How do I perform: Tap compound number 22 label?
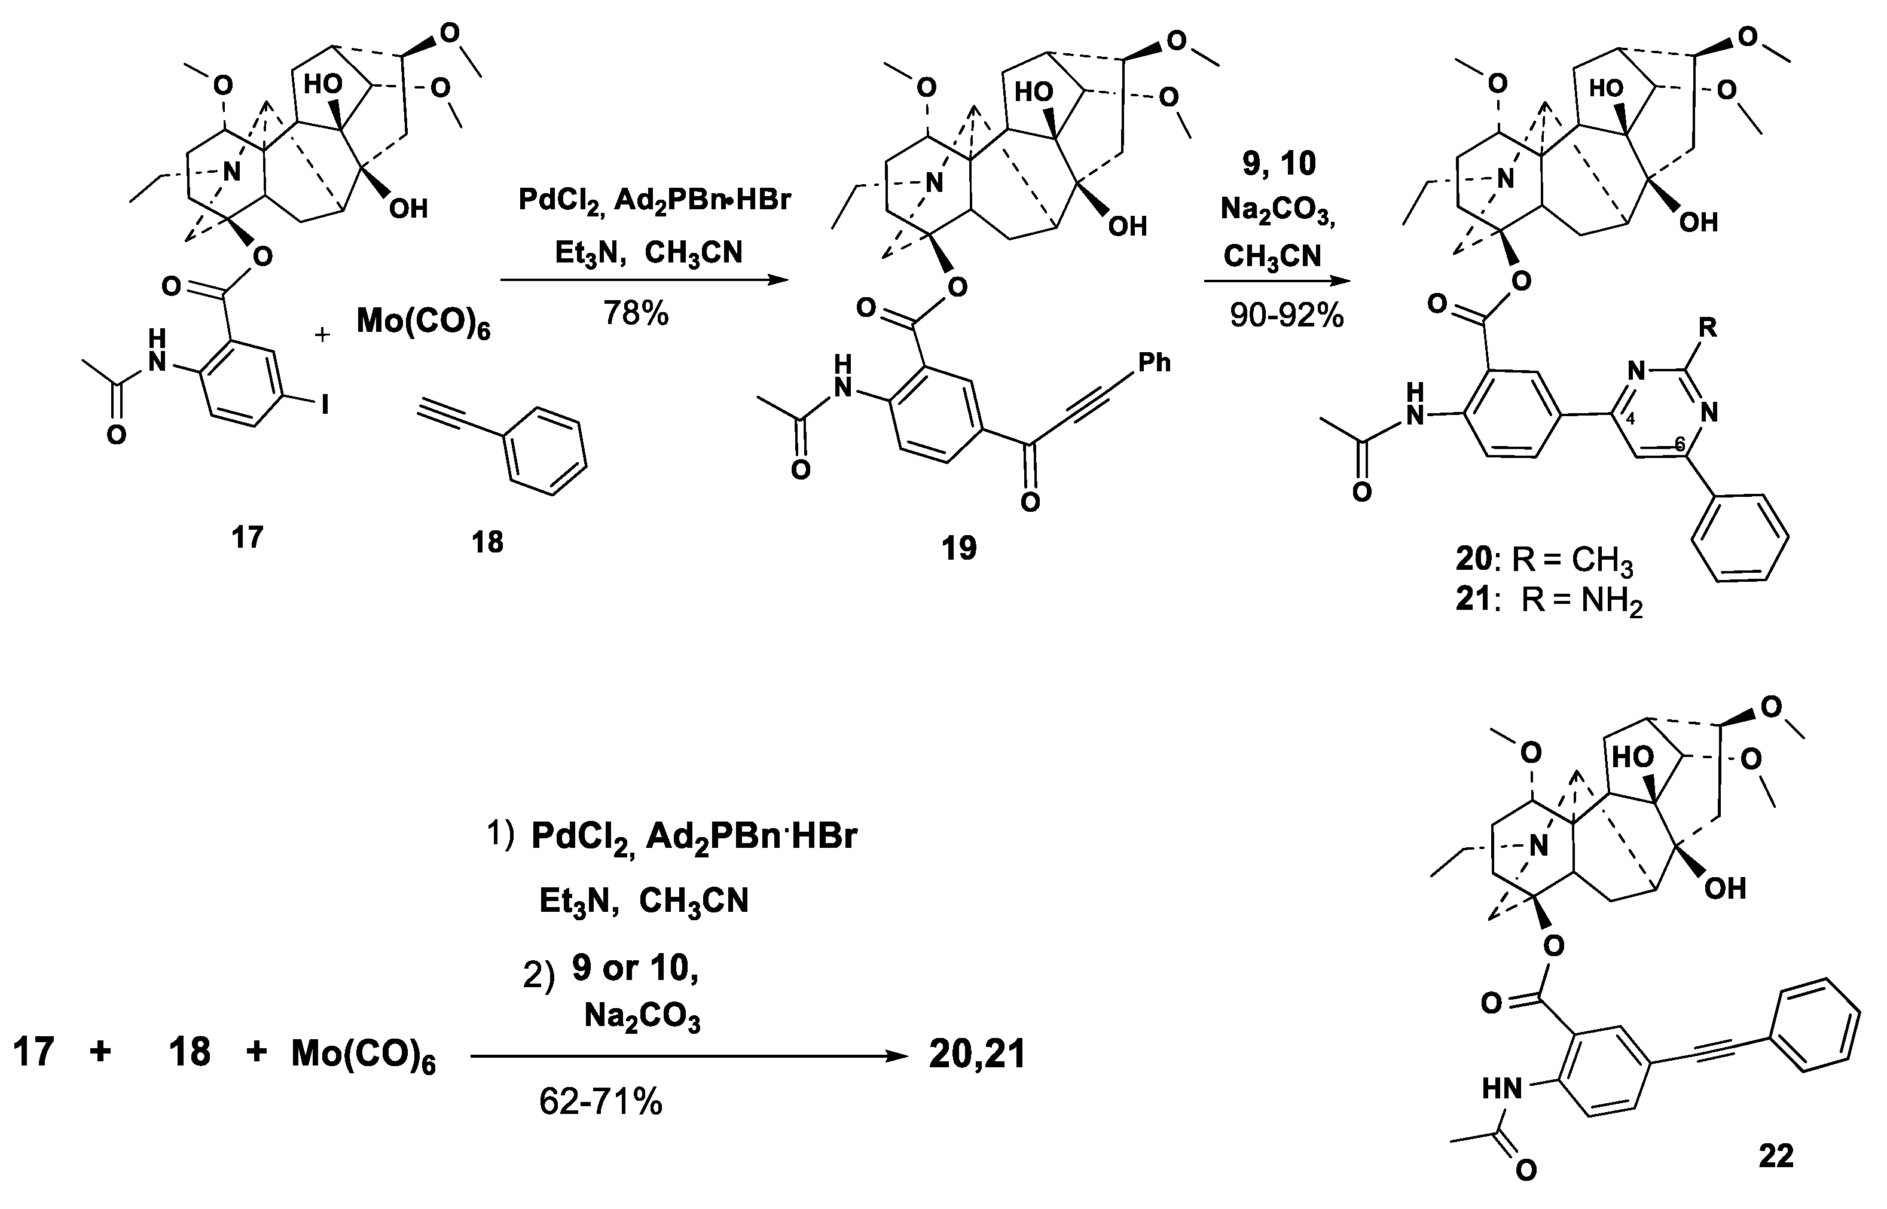(1776, 1156)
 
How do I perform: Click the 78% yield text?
(636, 314)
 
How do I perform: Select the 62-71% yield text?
(600, 1102)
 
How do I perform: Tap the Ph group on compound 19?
(1153, 363)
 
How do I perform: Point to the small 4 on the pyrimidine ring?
(1630, 420)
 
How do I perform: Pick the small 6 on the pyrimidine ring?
(1680, 445)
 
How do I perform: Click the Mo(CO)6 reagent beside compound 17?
(423, 322)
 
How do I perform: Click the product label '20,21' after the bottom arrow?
(977, 1054)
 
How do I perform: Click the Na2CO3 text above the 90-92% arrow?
(1277, 210)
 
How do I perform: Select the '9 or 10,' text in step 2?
(635, 968)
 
